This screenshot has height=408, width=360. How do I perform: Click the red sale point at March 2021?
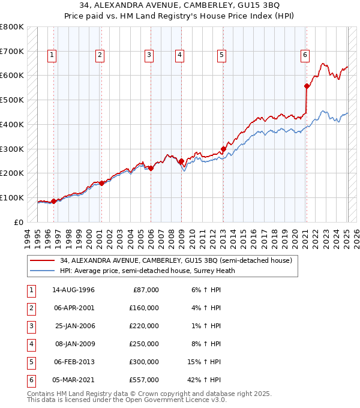307,86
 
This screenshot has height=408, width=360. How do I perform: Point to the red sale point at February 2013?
223,149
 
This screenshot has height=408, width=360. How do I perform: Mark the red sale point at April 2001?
101,183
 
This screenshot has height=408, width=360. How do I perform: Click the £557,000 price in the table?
144,380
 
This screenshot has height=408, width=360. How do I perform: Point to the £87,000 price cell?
146,290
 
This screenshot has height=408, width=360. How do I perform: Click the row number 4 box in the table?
30,344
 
